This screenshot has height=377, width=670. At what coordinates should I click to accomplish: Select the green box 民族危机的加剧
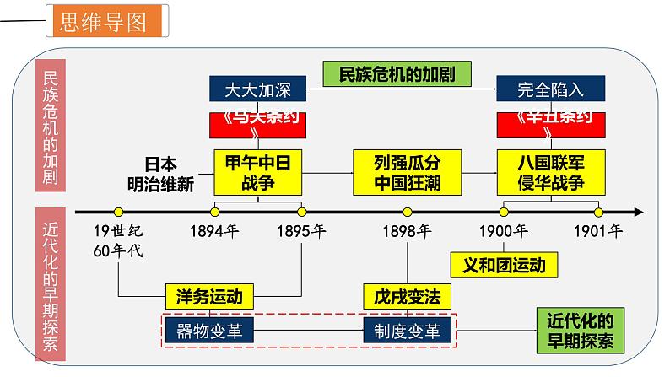pos(397,74)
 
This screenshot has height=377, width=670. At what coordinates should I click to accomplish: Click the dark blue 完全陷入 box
pos(550,89)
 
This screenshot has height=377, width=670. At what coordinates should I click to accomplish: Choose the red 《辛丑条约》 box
pos(550,124)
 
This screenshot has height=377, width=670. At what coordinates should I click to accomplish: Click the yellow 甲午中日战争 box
pos(257,171)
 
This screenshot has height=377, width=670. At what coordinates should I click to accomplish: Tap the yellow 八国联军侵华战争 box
pos(549,171)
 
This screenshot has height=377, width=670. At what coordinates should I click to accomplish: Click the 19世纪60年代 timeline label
pos(121,239)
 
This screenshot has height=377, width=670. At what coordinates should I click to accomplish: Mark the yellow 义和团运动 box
pos(505,265)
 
